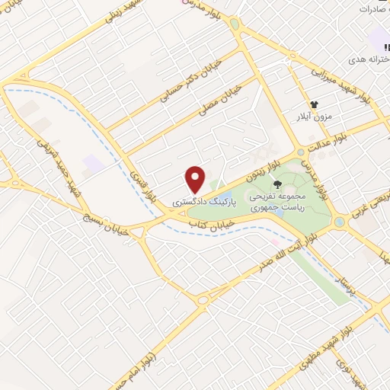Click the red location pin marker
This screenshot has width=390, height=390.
pyautogui.click(x=196, y=179)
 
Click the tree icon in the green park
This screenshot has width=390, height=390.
pyautogui.click(x=277, y=184)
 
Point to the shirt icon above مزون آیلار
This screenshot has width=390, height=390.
pyautogui.click(x=313, y=104)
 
